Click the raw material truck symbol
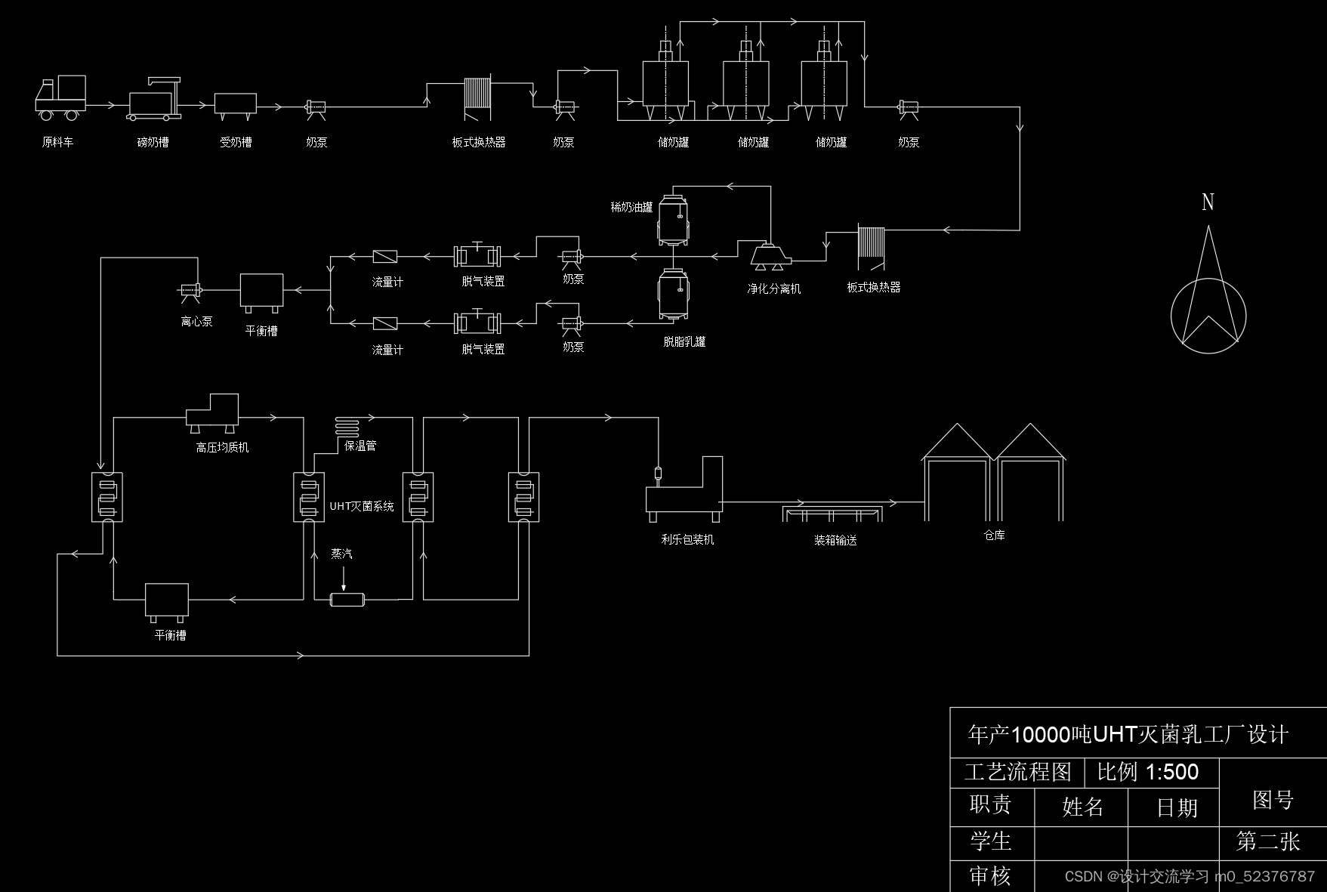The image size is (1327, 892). point(60,97)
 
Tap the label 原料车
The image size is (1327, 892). point(57,142)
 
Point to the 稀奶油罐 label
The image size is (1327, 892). point(631,207)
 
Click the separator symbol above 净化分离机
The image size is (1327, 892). point(770,255)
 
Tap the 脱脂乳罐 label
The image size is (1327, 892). point(684,342)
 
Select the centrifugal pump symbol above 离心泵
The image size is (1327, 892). point(190,291)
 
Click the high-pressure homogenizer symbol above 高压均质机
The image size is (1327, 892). point(213,412)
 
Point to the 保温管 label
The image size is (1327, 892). point(360,446)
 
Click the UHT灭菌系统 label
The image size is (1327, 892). point(362,507)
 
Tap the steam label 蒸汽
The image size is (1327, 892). point(341,554)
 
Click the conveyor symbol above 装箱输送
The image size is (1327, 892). point(832,513)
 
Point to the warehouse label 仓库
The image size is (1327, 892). point(994,536)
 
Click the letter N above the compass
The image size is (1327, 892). point(1208,202)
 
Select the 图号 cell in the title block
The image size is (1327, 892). point(1273,800)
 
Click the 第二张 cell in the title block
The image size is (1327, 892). point(1268,842)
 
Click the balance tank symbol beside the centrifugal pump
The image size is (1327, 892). point(261,292)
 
